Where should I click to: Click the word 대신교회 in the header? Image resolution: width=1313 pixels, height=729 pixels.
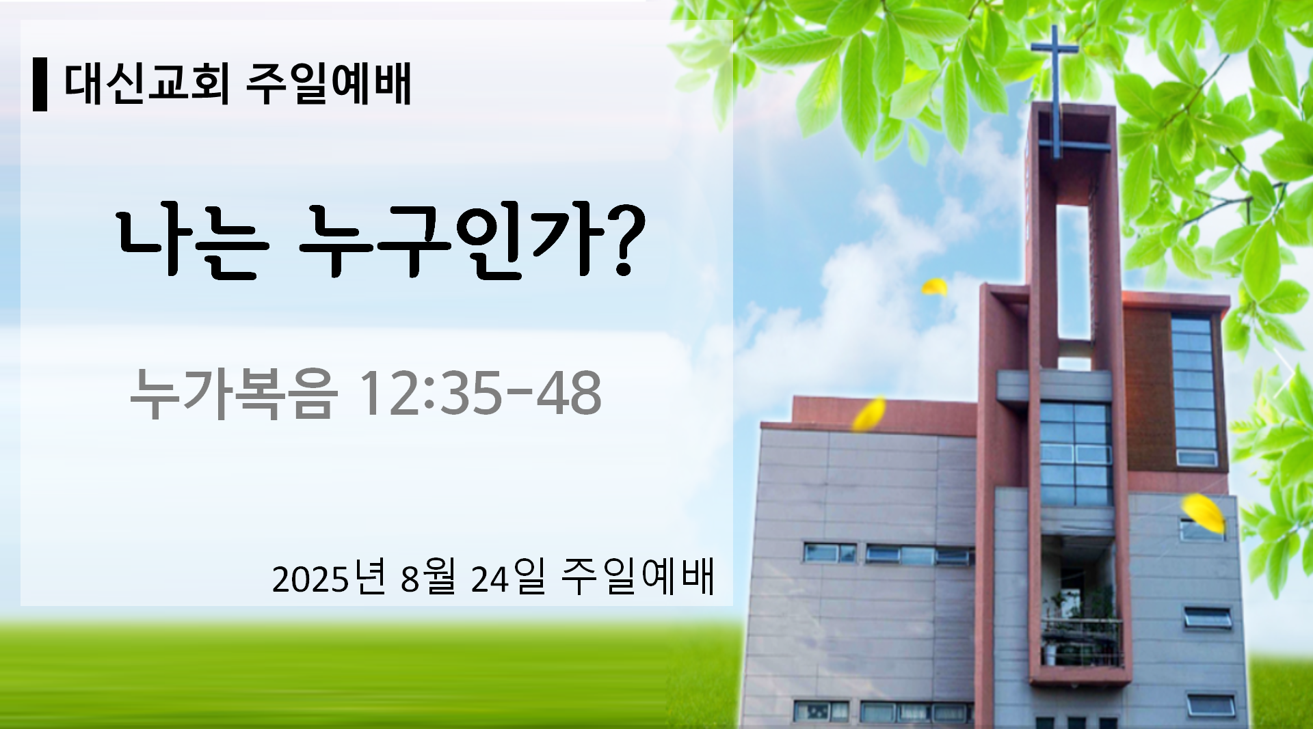(147, 85)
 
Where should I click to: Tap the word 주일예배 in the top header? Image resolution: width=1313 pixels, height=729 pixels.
(329, 85)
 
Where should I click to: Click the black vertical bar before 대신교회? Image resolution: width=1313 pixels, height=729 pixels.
(40, 85)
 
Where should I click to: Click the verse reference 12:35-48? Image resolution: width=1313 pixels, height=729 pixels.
(479, 393)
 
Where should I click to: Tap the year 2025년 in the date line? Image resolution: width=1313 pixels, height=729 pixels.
(329, 579)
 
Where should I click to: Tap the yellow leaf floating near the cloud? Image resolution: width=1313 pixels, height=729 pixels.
(935, 286)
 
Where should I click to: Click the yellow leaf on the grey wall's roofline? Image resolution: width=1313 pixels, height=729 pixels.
(869, 414)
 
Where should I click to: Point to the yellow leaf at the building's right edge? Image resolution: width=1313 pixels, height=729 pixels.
(1204, 513)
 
